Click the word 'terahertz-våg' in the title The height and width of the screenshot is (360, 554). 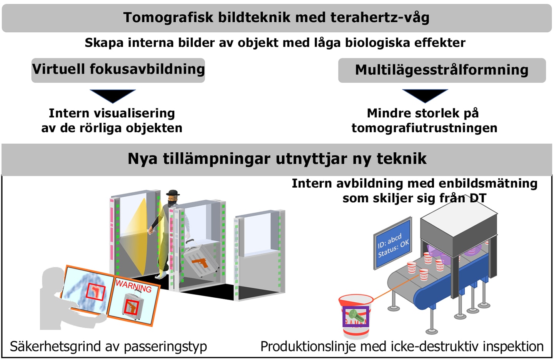click(380, 18)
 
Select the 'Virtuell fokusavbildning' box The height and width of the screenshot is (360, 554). click(118, 70)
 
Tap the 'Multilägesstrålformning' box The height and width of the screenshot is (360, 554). click(442, 70)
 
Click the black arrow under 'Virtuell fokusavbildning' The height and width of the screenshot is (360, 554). click(113, 96)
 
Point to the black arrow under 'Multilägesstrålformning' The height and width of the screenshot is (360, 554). click(425, 96)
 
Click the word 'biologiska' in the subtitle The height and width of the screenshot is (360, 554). click(378, 43)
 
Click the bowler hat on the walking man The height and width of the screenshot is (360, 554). click(173, 193)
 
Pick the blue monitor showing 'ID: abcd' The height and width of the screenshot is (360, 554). click(393, 243)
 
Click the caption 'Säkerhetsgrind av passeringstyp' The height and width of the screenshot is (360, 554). click(108, 347)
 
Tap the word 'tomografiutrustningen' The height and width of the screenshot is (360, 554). click(424, 128)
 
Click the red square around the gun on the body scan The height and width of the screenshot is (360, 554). click(95, 292)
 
